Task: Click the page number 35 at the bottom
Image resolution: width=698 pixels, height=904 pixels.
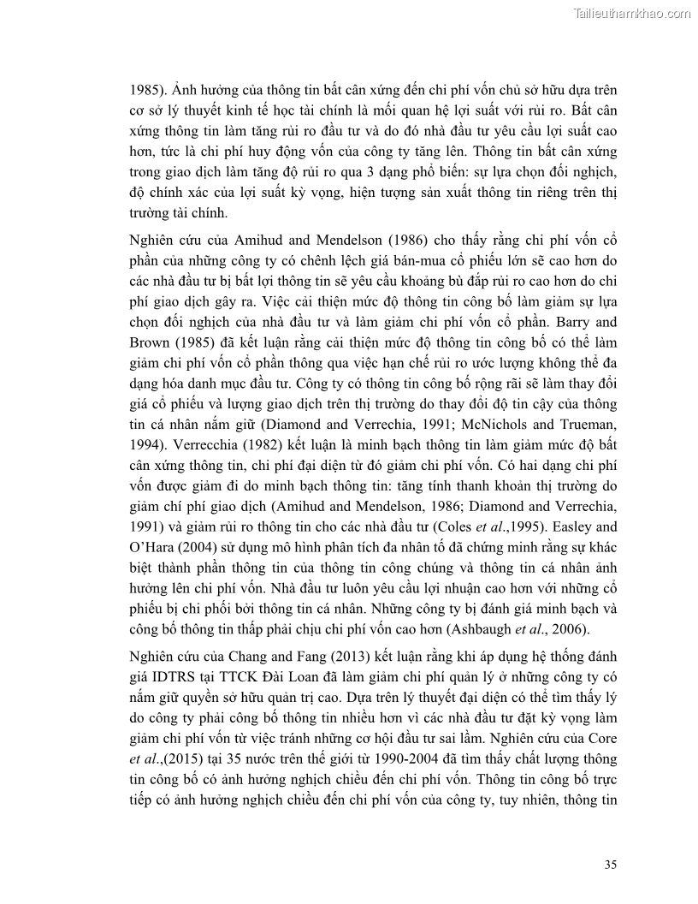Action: [610, 864]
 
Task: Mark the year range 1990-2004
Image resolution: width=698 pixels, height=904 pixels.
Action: [401, 758]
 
